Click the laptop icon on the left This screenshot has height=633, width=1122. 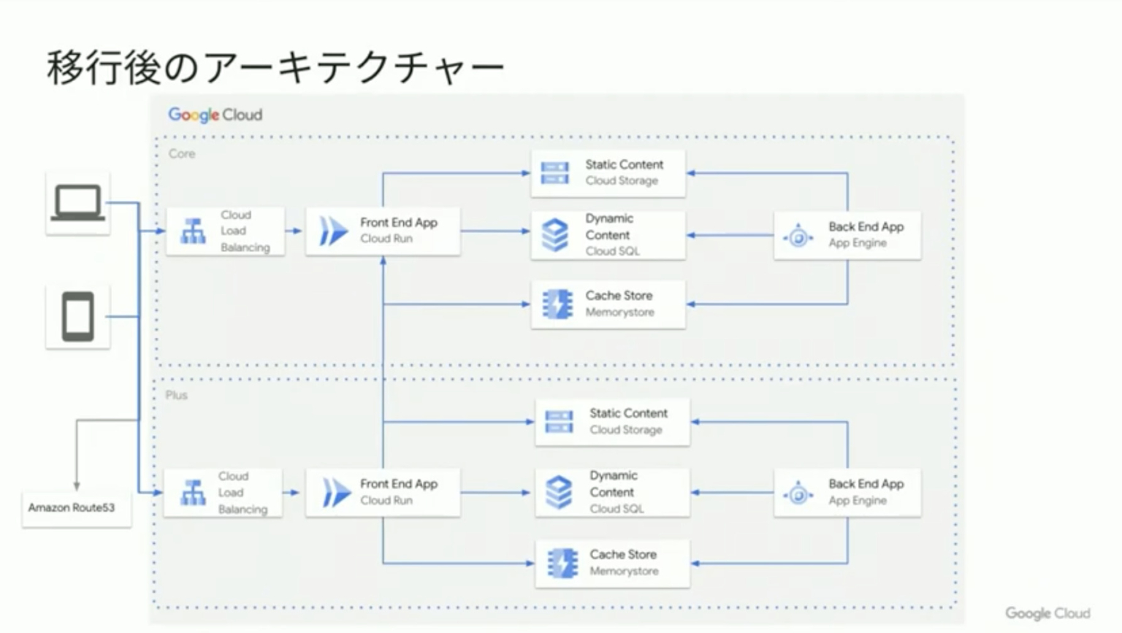(77, 203)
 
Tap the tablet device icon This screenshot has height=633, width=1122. (77, 316)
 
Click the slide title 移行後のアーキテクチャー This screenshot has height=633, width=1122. (275, 68)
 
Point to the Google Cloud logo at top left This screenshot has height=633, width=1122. (215, 115)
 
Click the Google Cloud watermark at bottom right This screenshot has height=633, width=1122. (1047, 613)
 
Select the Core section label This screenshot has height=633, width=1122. (182, 154)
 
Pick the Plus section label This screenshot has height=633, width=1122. (176, 395)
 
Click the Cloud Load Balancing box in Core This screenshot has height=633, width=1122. (226, 231)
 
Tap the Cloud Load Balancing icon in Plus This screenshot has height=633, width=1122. (193, 493)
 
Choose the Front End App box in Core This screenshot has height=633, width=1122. (383, 231)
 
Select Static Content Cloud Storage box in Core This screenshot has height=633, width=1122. (608, 173)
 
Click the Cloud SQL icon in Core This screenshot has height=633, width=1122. (555, 235)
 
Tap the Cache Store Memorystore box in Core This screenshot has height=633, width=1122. (608, 304)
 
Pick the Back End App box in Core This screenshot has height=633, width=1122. (847, 235)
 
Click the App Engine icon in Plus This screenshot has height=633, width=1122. (798, 494)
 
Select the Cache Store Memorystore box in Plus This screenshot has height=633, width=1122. (612, 563)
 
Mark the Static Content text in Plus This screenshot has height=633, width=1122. (628, 413)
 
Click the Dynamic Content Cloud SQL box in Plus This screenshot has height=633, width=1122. (612, 493)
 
